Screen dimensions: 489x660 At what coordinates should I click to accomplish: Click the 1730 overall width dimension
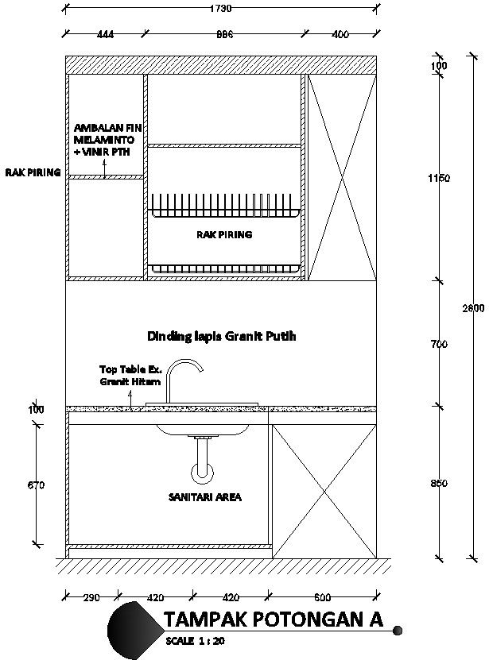[x=220, y=9]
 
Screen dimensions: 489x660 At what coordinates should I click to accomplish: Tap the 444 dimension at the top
[x=104, y=35]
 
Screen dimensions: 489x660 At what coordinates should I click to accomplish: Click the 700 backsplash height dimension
[x=438, y=344]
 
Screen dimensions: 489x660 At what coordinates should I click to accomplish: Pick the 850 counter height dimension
[x=438, y=483]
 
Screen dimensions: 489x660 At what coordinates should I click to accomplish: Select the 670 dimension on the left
[x=36, y=484]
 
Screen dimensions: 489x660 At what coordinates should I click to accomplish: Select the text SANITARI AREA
[x=204, y=497]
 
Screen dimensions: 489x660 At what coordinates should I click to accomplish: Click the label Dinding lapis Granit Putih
[x=222, y=336]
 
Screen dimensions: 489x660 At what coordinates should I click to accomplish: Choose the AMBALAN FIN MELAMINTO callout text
[x=103, y=139]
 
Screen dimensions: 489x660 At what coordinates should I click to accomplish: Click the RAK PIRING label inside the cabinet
[x=224, y=235]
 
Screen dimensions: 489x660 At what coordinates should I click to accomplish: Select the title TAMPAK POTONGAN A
[x=273, y=619]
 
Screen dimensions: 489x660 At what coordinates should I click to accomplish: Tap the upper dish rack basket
[x=225, y=206]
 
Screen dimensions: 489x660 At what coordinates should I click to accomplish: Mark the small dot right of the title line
[x=398, y=631]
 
